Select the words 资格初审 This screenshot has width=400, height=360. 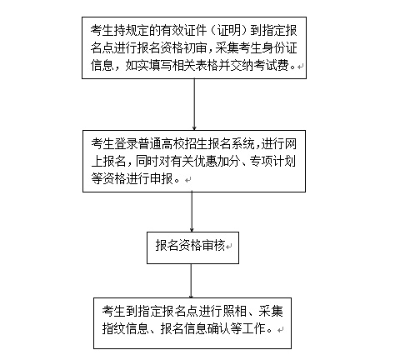click(x=184, y=48)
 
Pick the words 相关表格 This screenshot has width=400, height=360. click(x=195, y=66)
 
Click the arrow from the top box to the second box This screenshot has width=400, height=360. click(x=194, y=104)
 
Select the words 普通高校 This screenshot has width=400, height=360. click(x=161, y=144)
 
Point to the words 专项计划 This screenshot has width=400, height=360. click(x=272, y=162)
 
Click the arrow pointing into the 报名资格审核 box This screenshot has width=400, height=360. click(x=192, y=212)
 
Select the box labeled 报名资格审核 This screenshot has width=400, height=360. click(x=192, y=247)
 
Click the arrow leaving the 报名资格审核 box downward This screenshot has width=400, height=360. click(x=191, y=281)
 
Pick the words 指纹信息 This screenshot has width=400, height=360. click(x=125, y=328)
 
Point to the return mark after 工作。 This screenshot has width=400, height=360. click(x=281, y=330)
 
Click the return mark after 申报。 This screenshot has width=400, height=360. click(x=187, y=180)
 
